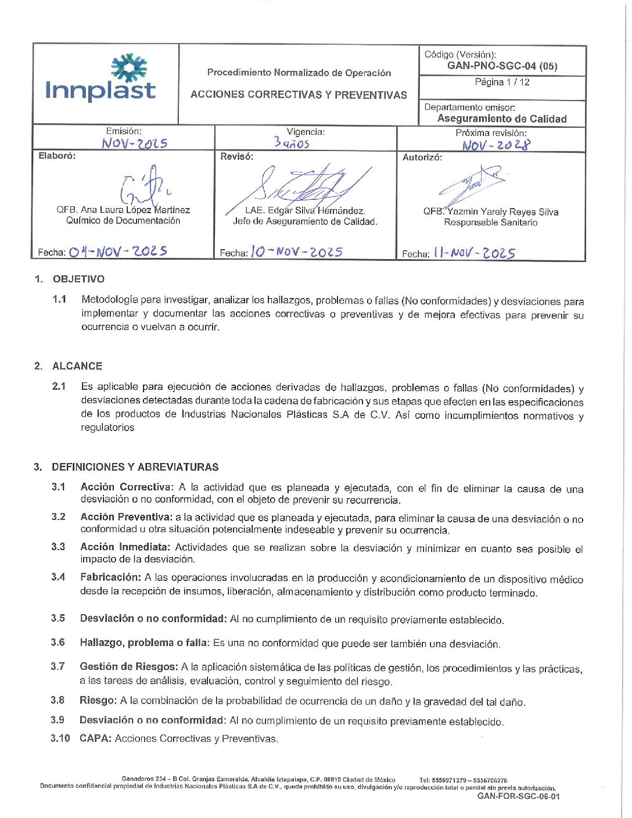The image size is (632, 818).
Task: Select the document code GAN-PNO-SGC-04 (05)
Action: pos(502,66)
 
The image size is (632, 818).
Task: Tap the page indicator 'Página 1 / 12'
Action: pos(502,82)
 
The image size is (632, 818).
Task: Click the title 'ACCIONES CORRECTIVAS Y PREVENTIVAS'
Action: pos(299,95)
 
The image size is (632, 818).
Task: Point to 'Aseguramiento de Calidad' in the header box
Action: pos(502,119)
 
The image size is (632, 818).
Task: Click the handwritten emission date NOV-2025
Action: pos(134,143)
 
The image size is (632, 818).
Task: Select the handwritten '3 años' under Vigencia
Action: pos(292,142)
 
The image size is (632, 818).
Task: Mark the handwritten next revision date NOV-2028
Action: pos(496,145)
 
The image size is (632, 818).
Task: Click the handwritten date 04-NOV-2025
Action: pos(118,252)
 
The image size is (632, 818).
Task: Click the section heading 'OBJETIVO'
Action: pos(78,279)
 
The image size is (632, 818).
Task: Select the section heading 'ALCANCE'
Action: pos(77,366)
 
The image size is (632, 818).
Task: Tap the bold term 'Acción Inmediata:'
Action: pos(125,547)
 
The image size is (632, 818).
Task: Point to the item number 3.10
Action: pos(60,738)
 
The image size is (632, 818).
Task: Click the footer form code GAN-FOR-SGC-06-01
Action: pos(518,797)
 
